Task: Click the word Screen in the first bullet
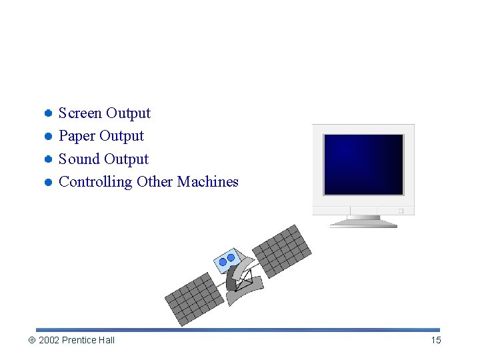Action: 81,113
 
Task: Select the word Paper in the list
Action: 77,136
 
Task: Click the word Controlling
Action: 95,182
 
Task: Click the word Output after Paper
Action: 123,136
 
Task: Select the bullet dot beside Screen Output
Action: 49,113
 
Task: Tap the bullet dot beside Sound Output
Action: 49,159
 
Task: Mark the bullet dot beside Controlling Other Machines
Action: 49,182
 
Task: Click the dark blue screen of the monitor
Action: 363,164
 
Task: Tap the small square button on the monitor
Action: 401,211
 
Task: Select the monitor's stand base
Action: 363,224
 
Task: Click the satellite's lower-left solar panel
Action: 194,298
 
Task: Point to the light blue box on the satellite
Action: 227,260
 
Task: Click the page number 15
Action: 436,341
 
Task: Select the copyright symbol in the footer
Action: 31,341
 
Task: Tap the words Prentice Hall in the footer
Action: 88,341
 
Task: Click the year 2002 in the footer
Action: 49,341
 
